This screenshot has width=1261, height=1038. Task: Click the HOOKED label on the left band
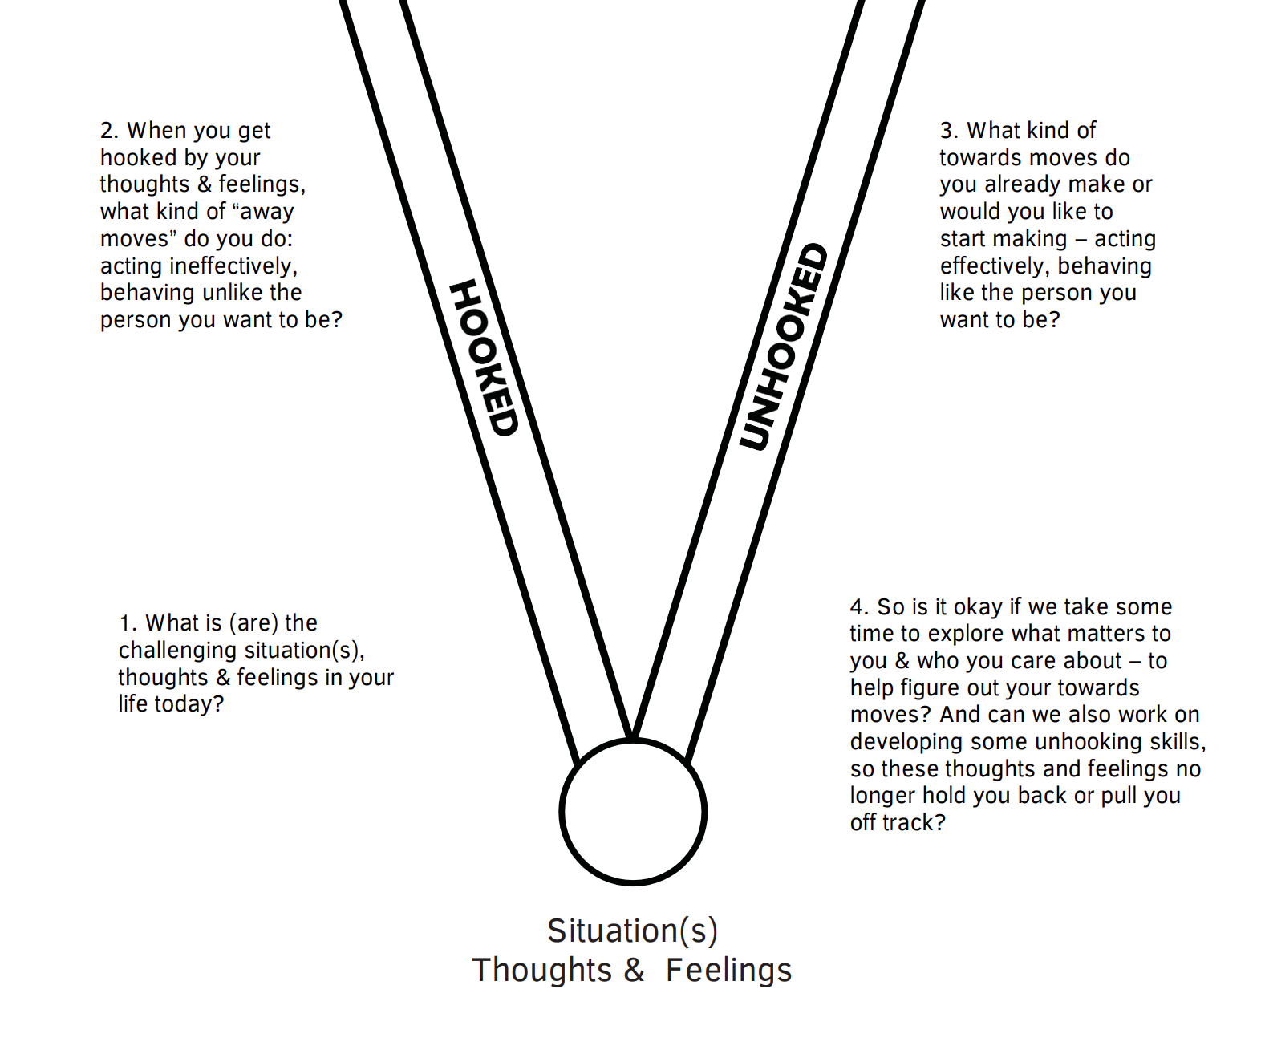click(484, 358)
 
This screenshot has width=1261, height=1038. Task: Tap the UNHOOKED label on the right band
click(783, 347)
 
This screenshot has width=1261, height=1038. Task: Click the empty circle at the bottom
click(633, 812)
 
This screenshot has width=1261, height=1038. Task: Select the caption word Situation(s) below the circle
click(632, 931)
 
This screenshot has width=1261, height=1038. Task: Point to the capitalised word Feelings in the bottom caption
click(728, 970)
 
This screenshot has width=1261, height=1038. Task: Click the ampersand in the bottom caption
click(634, 970)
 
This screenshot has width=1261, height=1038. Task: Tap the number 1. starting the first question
click(128, 623)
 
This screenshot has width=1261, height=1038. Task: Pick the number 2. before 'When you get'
click(109, 130)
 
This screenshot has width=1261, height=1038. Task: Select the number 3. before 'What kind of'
click(949, 130)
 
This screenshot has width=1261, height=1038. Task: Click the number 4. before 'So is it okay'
click(859, 606)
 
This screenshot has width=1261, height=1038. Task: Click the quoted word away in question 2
click(264, 212)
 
